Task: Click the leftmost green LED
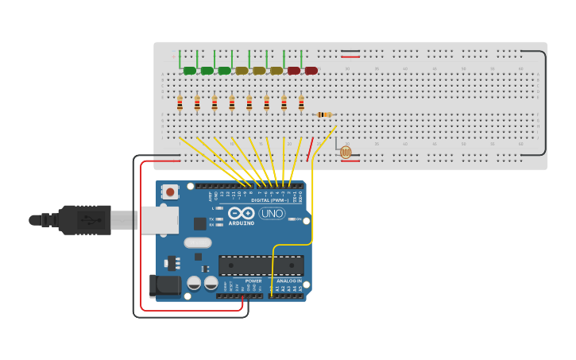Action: (x=190, y=71)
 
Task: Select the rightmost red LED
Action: (x=311, y=71)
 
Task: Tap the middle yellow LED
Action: (x=259, y=71)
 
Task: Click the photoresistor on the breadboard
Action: (x=345, y=151)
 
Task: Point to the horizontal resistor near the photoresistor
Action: (x=324, y=114)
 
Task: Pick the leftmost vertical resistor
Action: (x=180, y=103)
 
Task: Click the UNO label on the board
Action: (x=272, y=213)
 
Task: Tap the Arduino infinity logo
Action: (x=241, y=213)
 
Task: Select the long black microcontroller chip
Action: (x=261, y=265)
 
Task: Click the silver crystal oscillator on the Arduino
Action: (x=198, y=243)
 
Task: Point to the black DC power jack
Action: (x=164, y=286)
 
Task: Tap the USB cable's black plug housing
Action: (x=84, y=220)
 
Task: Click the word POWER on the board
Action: (x=253, y=281)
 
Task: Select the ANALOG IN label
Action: (x=288, y=281)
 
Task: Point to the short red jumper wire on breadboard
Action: (x=310, y=149)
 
